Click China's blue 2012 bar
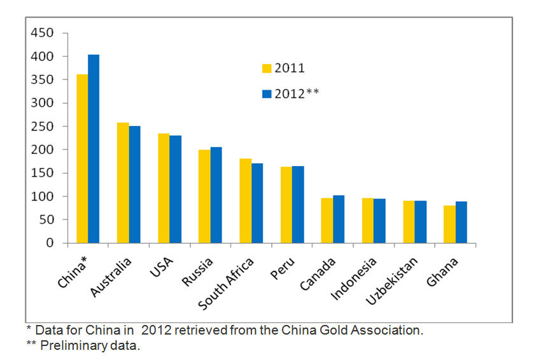[94, 149]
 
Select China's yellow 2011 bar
[82, 158]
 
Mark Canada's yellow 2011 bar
[327, 220]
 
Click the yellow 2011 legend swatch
[267, 68]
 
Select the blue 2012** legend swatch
[267, 93]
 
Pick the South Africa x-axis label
[227, 283]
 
